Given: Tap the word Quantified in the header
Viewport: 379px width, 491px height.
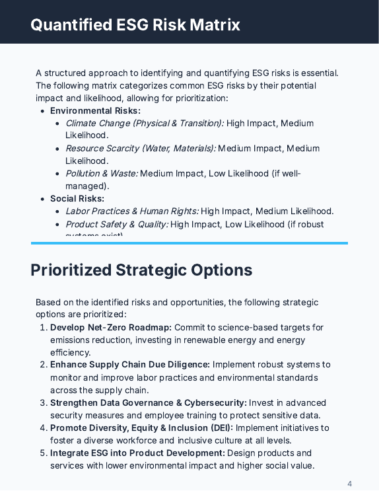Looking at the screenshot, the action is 70,25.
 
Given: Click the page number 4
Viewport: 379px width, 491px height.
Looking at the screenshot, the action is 349,483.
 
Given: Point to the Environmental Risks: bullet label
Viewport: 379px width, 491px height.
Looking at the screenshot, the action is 95,111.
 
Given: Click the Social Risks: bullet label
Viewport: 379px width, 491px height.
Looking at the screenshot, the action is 77,199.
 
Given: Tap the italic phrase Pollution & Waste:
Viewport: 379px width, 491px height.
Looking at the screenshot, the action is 102,174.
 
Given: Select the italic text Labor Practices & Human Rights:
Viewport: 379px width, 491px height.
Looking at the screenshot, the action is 132,211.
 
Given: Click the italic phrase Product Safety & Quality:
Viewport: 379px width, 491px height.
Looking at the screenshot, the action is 117,224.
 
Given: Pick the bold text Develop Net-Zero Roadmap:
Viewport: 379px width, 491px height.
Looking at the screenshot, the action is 111,327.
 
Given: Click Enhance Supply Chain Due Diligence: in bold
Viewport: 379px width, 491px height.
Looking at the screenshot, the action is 130,365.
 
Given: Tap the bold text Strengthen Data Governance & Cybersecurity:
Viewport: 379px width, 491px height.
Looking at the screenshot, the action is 149,402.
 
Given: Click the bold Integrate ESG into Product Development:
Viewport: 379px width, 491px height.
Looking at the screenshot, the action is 137,453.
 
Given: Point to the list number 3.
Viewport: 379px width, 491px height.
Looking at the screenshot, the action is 44,402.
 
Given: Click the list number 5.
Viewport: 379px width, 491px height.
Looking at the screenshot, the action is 44,453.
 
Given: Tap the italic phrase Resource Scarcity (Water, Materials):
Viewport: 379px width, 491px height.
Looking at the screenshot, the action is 141,149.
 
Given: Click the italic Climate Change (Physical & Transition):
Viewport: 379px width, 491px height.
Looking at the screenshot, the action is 145,124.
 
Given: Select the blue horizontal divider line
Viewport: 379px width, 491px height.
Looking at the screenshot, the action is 189,243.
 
